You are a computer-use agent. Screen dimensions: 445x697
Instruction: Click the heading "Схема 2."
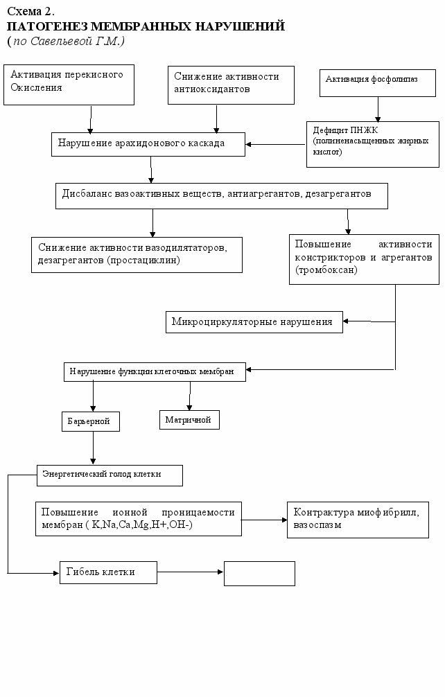31,11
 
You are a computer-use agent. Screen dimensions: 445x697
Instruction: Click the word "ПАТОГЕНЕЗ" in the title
48,26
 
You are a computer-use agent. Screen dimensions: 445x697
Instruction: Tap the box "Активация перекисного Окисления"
69,85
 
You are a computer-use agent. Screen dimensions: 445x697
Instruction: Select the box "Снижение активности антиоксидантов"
232,85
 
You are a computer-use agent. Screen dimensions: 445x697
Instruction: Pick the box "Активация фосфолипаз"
378,83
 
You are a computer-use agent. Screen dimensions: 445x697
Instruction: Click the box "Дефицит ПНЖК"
372,145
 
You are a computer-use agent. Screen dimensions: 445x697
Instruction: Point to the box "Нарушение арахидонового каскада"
148,144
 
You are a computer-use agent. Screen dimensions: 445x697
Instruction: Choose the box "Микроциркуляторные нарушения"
254,322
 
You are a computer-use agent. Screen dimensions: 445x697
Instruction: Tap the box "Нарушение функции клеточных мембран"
155,371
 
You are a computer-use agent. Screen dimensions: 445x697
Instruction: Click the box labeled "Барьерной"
91,421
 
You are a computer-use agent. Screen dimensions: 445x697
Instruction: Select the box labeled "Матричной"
189,420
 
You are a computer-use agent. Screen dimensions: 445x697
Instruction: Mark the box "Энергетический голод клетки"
110,475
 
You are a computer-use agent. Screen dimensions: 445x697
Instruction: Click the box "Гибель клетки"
108,572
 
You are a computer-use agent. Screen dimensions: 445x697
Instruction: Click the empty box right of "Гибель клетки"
260,574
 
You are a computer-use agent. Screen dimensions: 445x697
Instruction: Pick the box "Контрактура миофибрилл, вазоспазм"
358,520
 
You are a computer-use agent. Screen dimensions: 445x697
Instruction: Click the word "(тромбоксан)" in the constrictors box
326,270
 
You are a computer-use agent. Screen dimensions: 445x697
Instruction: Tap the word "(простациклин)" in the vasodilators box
143,260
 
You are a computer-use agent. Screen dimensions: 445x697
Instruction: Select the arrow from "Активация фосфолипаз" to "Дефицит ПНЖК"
378,109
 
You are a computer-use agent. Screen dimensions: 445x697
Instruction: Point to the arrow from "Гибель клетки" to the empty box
191,572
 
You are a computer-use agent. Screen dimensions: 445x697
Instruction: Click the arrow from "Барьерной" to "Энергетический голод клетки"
93,448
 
